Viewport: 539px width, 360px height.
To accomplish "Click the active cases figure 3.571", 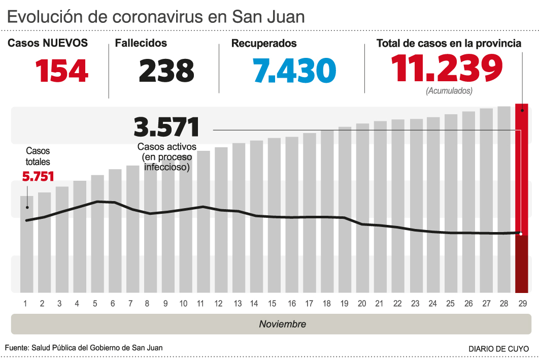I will pos(166,126).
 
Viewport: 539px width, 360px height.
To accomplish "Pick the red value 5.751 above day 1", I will pos(38,176).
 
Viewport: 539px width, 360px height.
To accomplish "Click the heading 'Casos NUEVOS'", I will pos(48,43).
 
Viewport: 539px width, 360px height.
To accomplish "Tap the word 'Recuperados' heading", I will pos(264,44).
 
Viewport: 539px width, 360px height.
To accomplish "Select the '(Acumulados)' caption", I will pos(449,91).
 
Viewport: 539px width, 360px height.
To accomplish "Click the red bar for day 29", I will pos(521,198).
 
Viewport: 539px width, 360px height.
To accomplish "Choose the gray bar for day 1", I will pos(27,244).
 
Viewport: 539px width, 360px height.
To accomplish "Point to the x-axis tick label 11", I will pos(200,304).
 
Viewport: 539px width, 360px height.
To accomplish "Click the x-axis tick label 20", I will pos(362,304).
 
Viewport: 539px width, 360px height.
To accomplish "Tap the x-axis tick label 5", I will pos(94,304).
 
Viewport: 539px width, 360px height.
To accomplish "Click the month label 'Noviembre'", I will pos(283,324).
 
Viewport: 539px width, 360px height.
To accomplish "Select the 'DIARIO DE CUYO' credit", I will pos(498,349).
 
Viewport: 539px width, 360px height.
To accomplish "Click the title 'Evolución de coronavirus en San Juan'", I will pos(156,16).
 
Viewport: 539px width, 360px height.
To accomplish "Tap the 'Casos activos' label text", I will pos(166,147).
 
